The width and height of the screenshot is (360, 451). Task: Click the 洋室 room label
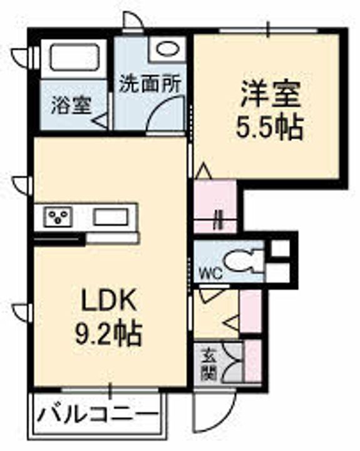point(270,95)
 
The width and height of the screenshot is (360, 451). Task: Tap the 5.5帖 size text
point(269,127)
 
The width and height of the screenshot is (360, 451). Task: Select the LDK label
point(109,300)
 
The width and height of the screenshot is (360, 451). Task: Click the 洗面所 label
point(150,84)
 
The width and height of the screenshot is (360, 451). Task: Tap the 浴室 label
point(71,105)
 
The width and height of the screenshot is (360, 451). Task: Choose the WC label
point(212,274)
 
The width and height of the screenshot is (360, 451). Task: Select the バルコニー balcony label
point(99,414)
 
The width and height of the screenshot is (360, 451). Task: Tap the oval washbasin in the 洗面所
point(167,48)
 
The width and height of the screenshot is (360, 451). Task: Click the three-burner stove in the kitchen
point(58,217)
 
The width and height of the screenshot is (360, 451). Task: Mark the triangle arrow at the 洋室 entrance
point(203,170)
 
